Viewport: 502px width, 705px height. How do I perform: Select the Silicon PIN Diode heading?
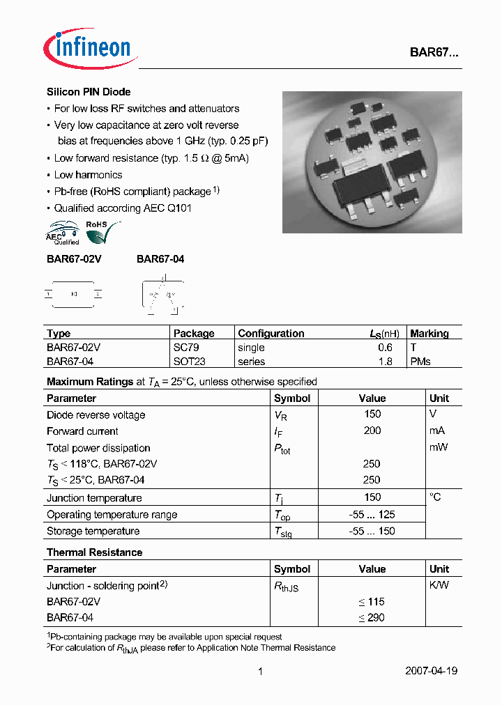[89, 92]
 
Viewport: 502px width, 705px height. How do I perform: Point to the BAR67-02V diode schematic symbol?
[74, 295]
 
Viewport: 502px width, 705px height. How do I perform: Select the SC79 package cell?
[185, 348]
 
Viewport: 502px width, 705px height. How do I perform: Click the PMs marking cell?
[420, 362]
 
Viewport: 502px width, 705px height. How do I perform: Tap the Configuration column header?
[271, 334]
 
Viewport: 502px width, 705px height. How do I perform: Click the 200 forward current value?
[372, 431]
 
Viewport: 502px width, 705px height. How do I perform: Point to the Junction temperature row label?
[94, 498]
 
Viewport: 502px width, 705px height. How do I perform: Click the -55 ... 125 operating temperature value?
[372, 514]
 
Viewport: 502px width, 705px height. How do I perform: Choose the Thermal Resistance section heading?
[94, 552]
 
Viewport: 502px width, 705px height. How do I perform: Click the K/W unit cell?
[439, 585]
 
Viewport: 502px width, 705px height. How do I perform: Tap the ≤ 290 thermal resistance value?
[372, 618]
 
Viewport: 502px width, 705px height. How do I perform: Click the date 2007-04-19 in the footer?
[431, 672]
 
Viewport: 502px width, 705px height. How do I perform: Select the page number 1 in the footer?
[260, 672]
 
